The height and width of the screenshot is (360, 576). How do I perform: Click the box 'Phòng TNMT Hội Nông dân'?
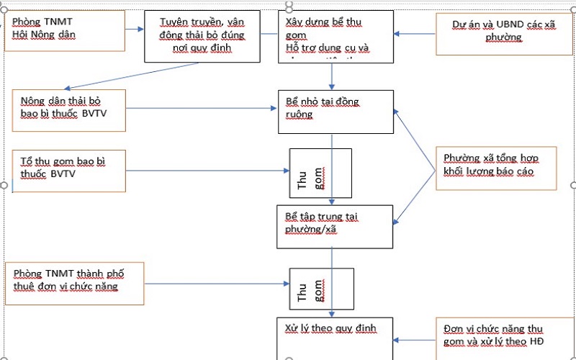point(64,30)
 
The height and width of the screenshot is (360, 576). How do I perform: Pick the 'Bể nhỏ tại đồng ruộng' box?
point(336,112)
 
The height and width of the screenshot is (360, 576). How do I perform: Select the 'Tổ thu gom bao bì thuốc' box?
point(69,170)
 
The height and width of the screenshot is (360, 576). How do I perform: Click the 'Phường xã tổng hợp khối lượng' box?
point(495,168)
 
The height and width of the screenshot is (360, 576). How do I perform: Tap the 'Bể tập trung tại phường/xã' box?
point(336,225)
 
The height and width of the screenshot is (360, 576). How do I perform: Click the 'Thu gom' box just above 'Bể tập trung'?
point(320,174)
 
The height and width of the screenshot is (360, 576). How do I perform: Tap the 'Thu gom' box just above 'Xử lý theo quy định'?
point(320,288)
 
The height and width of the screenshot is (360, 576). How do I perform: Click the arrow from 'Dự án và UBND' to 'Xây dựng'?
point(415,34)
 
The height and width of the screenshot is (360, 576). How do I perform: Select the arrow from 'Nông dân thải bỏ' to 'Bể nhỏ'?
point(202,108)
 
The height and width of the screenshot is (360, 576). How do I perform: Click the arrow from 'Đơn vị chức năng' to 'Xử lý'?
point(415,340)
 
